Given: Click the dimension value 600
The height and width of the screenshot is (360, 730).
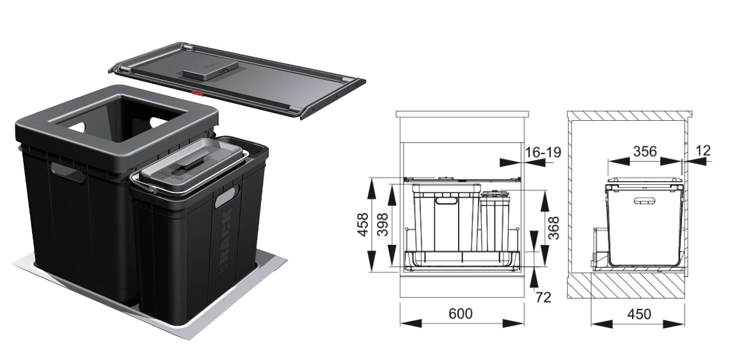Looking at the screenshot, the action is click(x=461, y=314).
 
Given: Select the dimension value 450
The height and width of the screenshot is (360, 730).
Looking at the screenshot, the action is click(x=639, y=315).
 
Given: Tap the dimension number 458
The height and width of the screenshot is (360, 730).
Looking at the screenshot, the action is click(x=363, y=224).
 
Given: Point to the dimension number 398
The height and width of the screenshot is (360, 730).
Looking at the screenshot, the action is click(x=382, y=224).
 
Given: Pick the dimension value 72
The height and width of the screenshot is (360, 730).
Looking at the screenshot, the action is click(x=543, y=297).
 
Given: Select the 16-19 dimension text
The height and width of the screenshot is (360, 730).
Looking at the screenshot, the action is click(x=543, y=152).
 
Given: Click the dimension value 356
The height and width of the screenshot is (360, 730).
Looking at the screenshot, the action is click(x=645, y=151).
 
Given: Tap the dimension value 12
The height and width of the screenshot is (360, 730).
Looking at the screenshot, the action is click(x=703, y=150).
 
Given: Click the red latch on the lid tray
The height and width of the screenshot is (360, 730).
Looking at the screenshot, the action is click(x=198, y=93).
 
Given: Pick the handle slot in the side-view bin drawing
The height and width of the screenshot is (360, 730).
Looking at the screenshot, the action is click(x=646, y=201).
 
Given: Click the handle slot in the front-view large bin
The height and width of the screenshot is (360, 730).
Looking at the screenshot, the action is click(x=446, y=201).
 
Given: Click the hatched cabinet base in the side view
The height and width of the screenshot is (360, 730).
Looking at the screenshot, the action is click(x=626, y=285).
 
